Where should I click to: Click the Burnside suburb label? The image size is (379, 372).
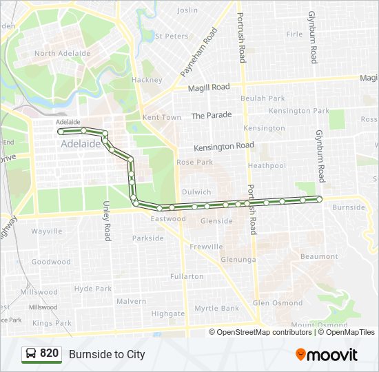click(x=348, y=207)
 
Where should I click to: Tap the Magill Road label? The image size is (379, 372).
click(x=212, y=87)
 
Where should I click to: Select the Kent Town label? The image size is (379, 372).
click(x=162, y=117)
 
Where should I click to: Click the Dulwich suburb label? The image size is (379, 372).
click(x=196, y=192)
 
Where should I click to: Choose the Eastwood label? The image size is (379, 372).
click(x=169, y=219)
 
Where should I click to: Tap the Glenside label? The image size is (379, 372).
click(x=216, y=221)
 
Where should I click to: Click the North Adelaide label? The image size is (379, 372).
click(x=62, y=53)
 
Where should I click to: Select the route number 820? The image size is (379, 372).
click(x=50, y=353)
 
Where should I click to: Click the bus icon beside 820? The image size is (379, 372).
click(x=31, y=354)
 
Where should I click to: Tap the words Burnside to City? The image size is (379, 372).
click(x=107, y=354)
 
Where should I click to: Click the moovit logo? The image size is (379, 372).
click(x=327, y=355)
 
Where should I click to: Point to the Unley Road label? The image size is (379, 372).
click(x=107, y=220)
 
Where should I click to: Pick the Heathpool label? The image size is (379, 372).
click(x=267, y=166)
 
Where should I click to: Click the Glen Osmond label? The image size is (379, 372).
click(x=277, y=303)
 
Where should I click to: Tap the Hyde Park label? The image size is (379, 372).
click(x=92, y=289)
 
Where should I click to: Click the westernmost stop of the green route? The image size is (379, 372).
click(x=61, y=131)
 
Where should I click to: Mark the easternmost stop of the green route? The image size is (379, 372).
click(x=319, y=199)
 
